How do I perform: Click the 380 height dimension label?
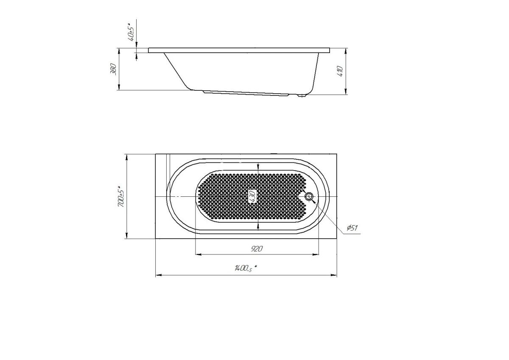(113, 69)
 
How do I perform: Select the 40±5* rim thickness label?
(131, 32)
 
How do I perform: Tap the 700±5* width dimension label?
(121, 199)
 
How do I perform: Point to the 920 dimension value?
(257, 249)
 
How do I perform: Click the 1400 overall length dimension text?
(246, 268)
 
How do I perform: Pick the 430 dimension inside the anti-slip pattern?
(253, 196)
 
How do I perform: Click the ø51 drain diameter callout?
(352, 228)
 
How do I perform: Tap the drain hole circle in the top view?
(309, 196)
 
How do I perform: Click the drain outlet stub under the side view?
(302, 96)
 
